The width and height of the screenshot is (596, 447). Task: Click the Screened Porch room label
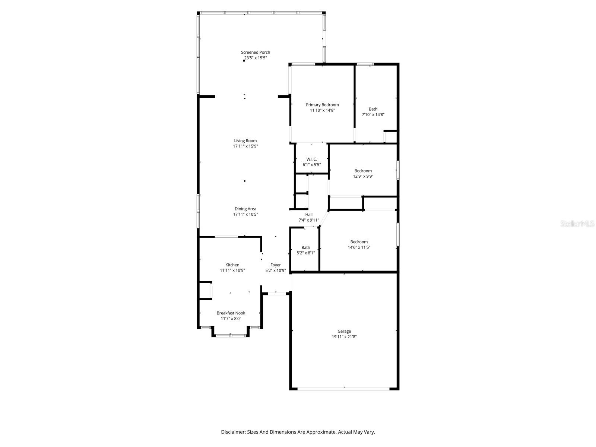[255, 52]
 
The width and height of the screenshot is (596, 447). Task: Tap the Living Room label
[245, 140]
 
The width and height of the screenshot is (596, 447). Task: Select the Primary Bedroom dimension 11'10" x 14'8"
[322, 110]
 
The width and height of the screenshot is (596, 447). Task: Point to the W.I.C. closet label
[311, 159]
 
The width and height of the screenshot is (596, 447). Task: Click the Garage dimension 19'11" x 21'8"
[344, 337]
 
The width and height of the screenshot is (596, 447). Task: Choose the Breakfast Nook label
[231, 313]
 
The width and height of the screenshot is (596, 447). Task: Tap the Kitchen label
[232, 265]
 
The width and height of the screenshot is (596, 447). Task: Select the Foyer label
[275, 265]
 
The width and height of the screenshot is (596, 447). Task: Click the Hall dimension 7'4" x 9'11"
[309, 220]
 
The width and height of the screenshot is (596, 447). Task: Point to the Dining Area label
[245, 209]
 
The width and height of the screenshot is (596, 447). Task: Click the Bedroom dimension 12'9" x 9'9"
[363, 176]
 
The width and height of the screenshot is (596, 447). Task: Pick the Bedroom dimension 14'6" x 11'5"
[359, 247]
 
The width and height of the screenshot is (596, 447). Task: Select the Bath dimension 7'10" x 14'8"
[373, 114]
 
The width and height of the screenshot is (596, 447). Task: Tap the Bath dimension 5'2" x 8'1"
[306, 253]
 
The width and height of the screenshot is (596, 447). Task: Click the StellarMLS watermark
[577, 223]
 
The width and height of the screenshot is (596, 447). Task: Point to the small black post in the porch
[244, 60]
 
